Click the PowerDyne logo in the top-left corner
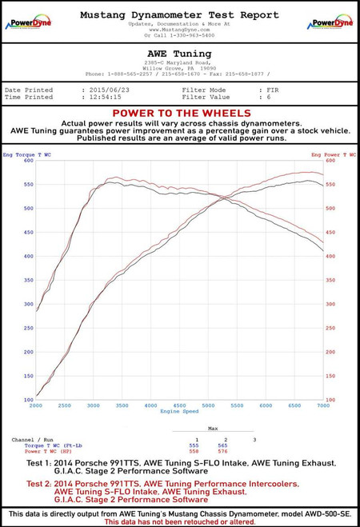point(28,22)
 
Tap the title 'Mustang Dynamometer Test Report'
point(179,14)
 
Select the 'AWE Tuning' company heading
point(179,54)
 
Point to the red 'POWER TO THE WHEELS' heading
point(179,114)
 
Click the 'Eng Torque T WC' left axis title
point(26,154)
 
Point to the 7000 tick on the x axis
point(322,406)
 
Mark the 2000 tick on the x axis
point(36,406)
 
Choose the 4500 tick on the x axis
point(179,406)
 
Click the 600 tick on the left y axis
point(28,160)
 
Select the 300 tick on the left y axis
point(28,304)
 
